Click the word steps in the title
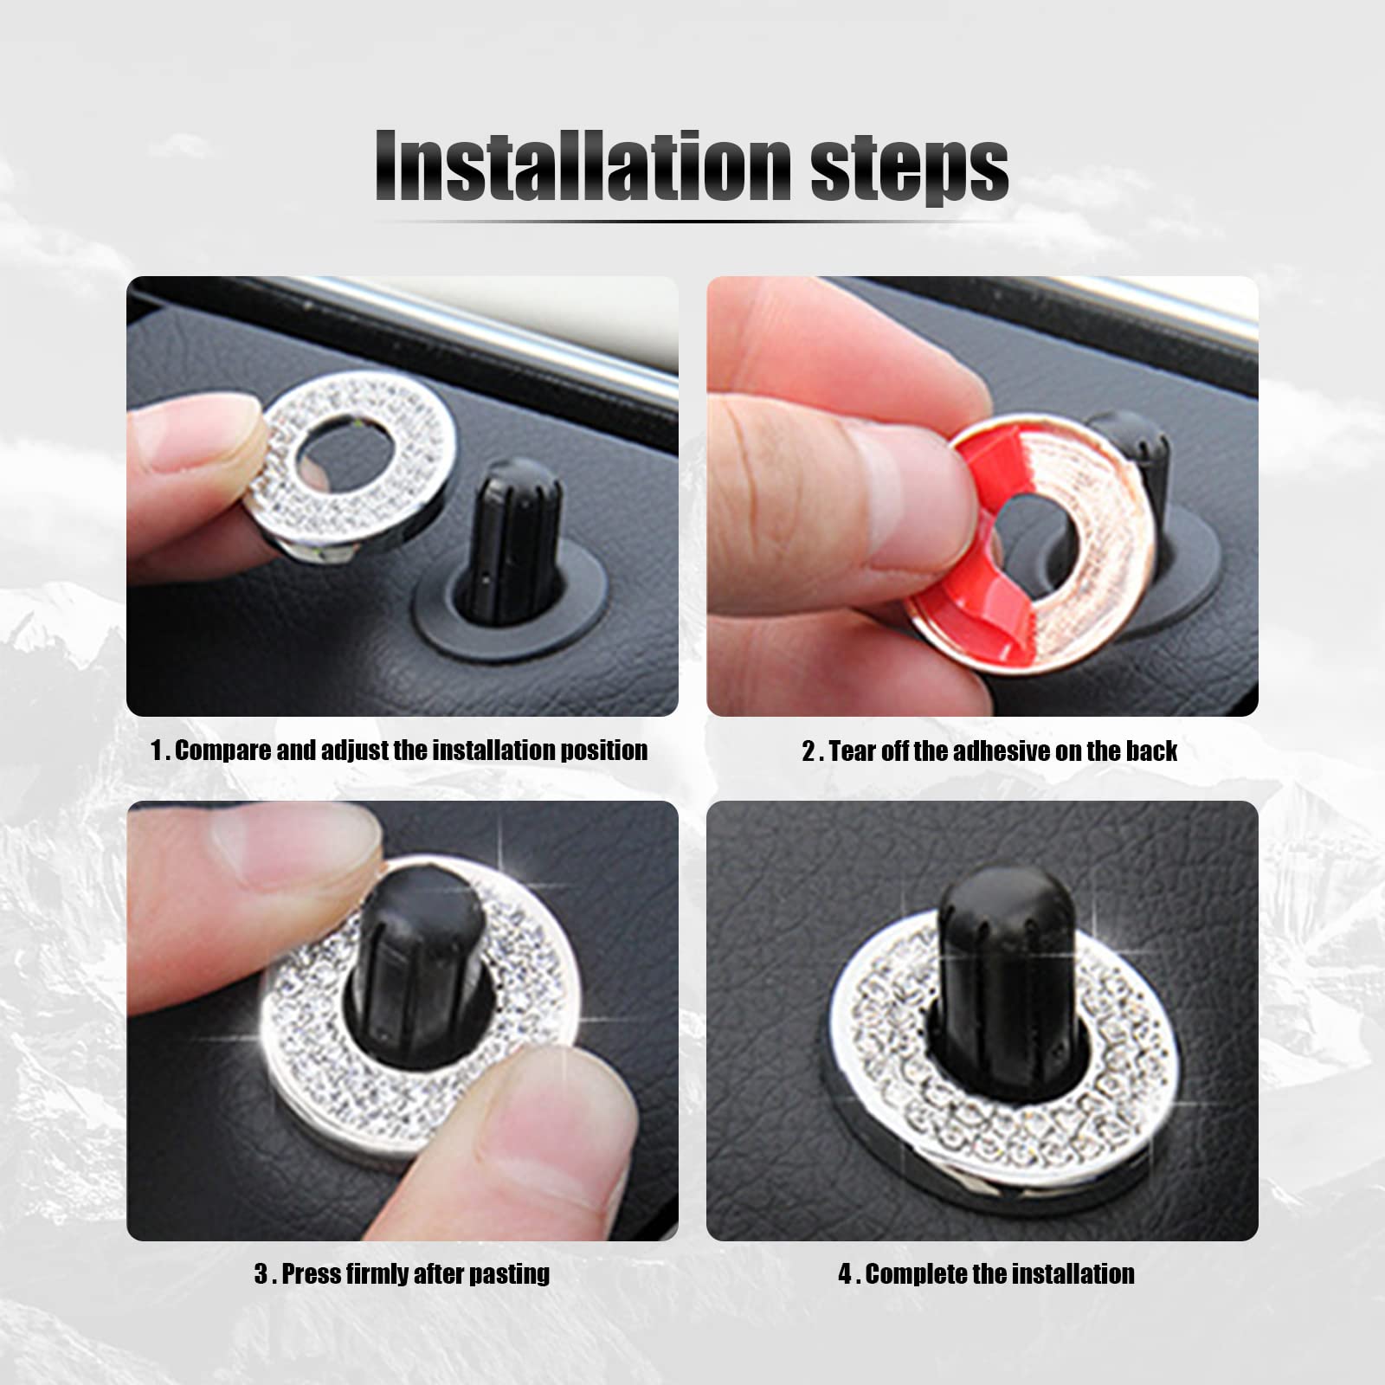[908, 171]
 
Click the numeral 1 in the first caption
[156, 750]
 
